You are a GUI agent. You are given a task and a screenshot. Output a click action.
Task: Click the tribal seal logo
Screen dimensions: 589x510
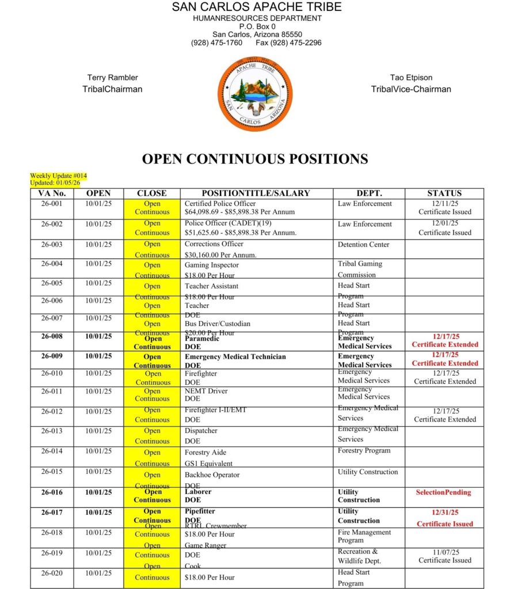(255, 93)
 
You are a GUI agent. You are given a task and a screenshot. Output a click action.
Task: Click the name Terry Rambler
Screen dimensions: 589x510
(112, 78)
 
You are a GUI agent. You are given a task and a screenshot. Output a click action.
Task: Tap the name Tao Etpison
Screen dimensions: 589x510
(411, 78)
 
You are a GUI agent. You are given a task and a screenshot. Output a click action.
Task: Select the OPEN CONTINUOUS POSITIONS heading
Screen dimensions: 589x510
(255, 159)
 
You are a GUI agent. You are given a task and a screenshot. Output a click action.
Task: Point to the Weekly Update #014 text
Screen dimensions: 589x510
(58, 175)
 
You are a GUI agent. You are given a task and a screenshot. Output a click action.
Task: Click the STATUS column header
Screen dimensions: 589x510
(444, 193)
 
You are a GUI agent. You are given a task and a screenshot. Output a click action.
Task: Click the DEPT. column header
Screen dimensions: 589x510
(369, 193)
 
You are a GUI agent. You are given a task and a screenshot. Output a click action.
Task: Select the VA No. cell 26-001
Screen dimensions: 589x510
(52, 204)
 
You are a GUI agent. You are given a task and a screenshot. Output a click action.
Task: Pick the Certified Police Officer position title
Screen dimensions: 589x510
(220, 204)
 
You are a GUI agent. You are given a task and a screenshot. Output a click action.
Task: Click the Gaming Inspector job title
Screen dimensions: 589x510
(211, 265)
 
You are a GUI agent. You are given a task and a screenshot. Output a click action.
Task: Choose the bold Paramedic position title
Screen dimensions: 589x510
(201, 338)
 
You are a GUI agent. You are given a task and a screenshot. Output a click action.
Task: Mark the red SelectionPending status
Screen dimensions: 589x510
(443, 492)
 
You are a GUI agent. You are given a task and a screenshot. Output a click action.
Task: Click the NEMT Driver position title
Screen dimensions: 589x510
(206, 391)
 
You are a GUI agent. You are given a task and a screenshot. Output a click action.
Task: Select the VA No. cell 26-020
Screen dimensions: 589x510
(52, 573)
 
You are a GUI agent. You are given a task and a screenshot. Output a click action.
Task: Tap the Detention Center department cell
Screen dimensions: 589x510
(363, 244)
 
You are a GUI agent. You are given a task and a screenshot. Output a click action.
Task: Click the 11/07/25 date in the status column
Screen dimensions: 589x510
(444, 552)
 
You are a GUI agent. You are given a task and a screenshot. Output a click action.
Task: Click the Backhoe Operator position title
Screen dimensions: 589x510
(212, 475)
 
